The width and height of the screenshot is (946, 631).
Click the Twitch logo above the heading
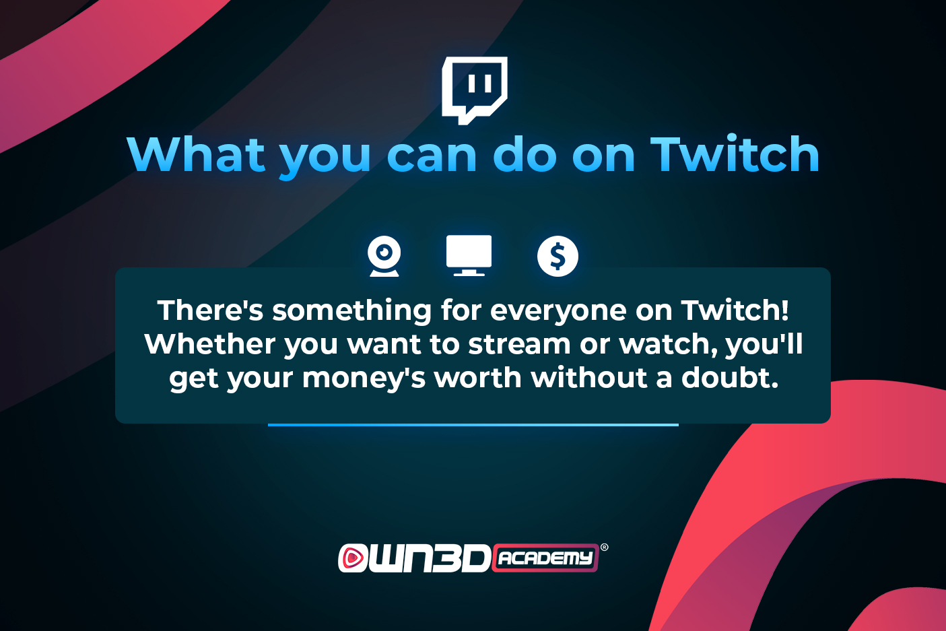(x=474, y=90)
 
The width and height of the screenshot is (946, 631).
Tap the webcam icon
(x=384, y=256)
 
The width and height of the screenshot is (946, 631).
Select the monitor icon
(x=469, y=255)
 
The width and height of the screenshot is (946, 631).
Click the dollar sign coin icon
(x=558, y=256)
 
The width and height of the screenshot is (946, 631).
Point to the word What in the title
(x=196, y=154)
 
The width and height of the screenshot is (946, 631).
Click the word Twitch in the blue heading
(x=735, y=154)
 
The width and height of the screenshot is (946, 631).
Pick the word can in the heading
(x=432, y=157)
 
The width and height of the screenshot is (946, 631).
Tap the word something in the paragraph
(x=351, y=312)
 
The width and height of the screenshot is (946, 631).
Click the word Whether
(x=210, y=344)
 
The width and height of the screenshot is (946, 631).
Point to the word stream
(x=519, y=344)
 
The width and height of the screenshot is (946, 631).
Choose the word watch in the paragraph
(x=669, y=344)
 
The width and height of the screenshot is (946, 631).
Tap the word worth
(x=477, y=377)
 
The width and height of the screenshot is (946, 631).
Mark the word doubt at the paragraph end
(x=730, y=377)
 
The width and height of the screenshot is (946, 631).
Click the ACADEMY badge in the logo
(x=545, y=558)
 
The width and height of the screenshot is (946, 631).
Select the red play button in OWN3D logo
(x=351, y=558)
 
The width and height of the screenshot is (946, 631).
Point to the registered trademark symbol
(x=605, y=547)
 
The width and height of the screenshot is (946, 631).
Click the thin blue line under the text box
(x=473, y=425)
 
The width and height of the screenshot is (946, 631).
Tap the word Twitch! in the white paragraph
(x=735, y=310)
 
